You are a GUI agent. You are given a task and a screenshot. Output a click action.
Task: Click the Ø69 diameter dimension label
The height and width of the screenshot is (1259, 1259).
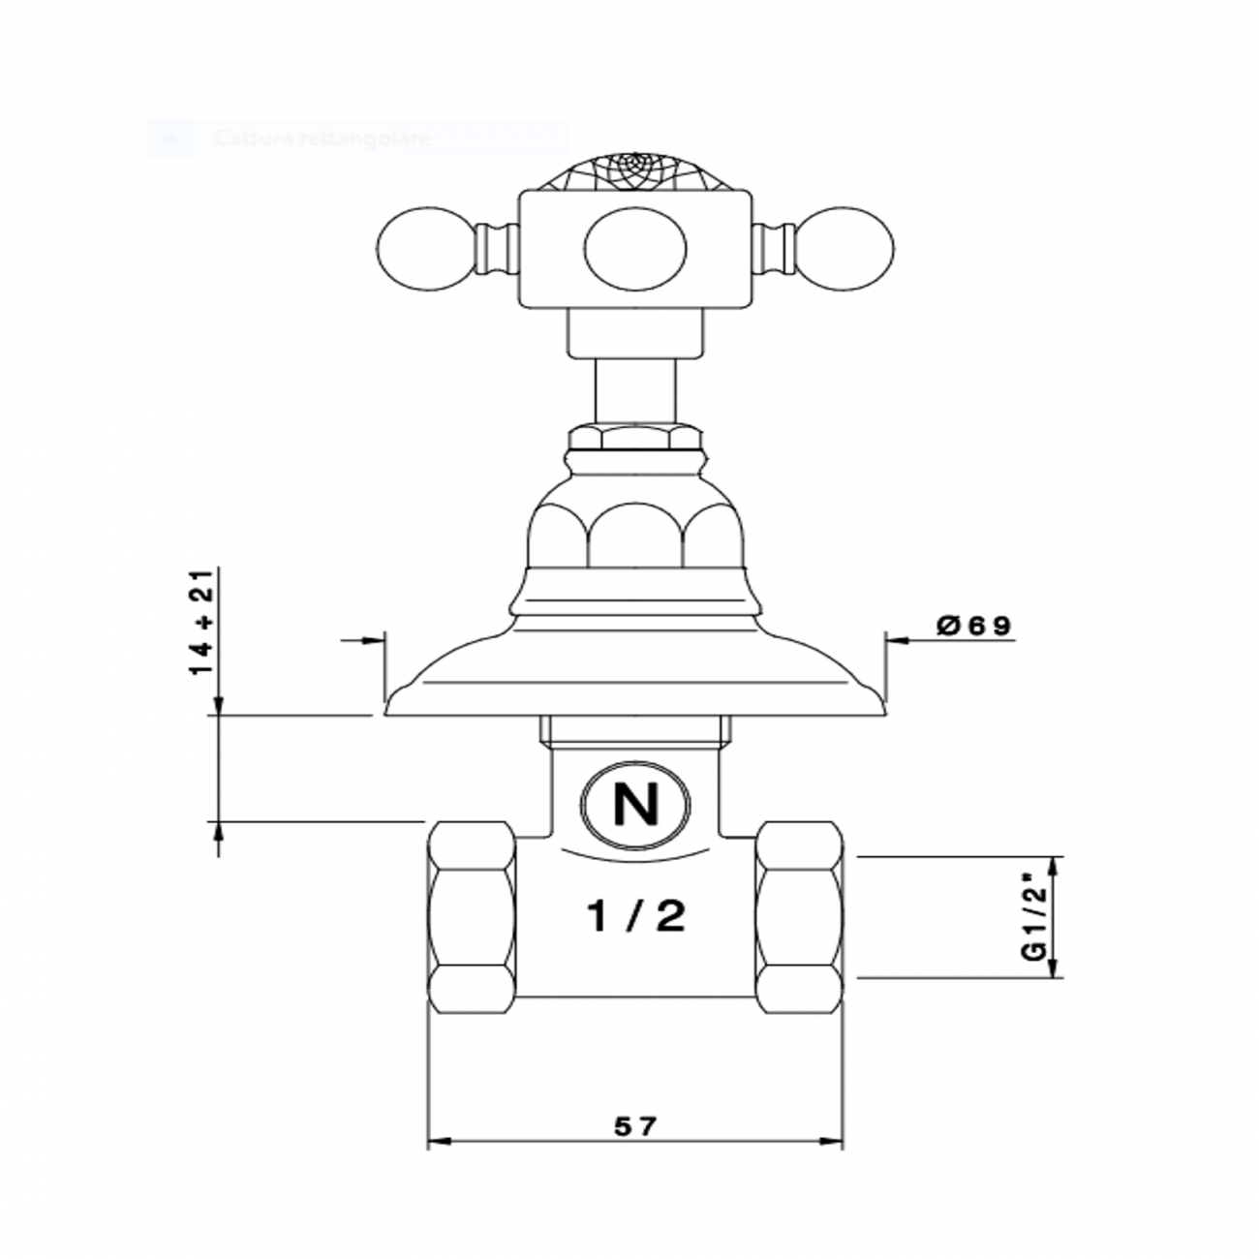click(x=973, y=627)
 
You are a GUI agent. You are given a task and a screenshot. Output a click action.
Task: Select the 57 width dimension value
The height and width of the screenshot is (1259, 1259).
click(x=635, y=1126)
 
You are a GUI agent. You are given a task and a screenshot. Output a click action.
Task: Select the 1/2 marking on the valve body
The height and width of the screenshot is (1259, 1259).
click(x=636, y=915)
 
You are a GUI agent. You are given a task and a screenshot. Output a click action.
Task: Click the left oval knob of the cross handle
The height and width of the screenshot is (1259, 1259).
click(x=423, y=248)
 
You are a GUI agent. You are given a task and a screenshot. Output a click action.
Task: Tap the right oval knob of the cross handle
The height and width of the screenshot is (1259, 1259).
click(x=845, y=248)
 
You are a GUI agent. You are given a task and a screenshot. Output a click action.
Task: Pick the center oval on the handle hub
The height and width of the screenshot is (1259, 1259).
click(x=635, y=249)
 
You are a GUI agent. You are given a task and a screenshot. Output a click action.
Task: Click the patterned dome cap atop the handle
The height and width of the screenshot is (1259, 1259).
click(x=635, y=170)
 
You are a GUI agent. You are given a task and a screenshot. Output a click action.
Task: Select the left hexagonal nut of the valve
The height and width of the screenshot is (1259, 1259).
click(x=472, y=917)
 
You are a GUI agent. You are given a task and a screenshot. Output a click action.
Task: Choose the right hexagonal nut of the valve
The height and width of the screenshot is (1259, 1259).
click(x=799, y=917)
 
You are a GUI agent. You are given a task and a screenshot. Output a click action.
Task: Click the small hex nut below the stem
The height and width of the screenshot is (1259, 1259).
click(x=635, y=438)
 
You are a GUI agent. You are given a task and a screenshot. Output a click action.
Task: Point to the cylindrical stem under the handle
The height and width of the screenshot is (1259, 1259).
click(x=635, y=387)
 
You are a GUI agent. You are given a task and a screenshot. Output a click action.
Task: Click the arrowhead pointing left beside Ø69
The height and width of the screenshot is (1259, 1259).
click(x=896, y=640)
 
